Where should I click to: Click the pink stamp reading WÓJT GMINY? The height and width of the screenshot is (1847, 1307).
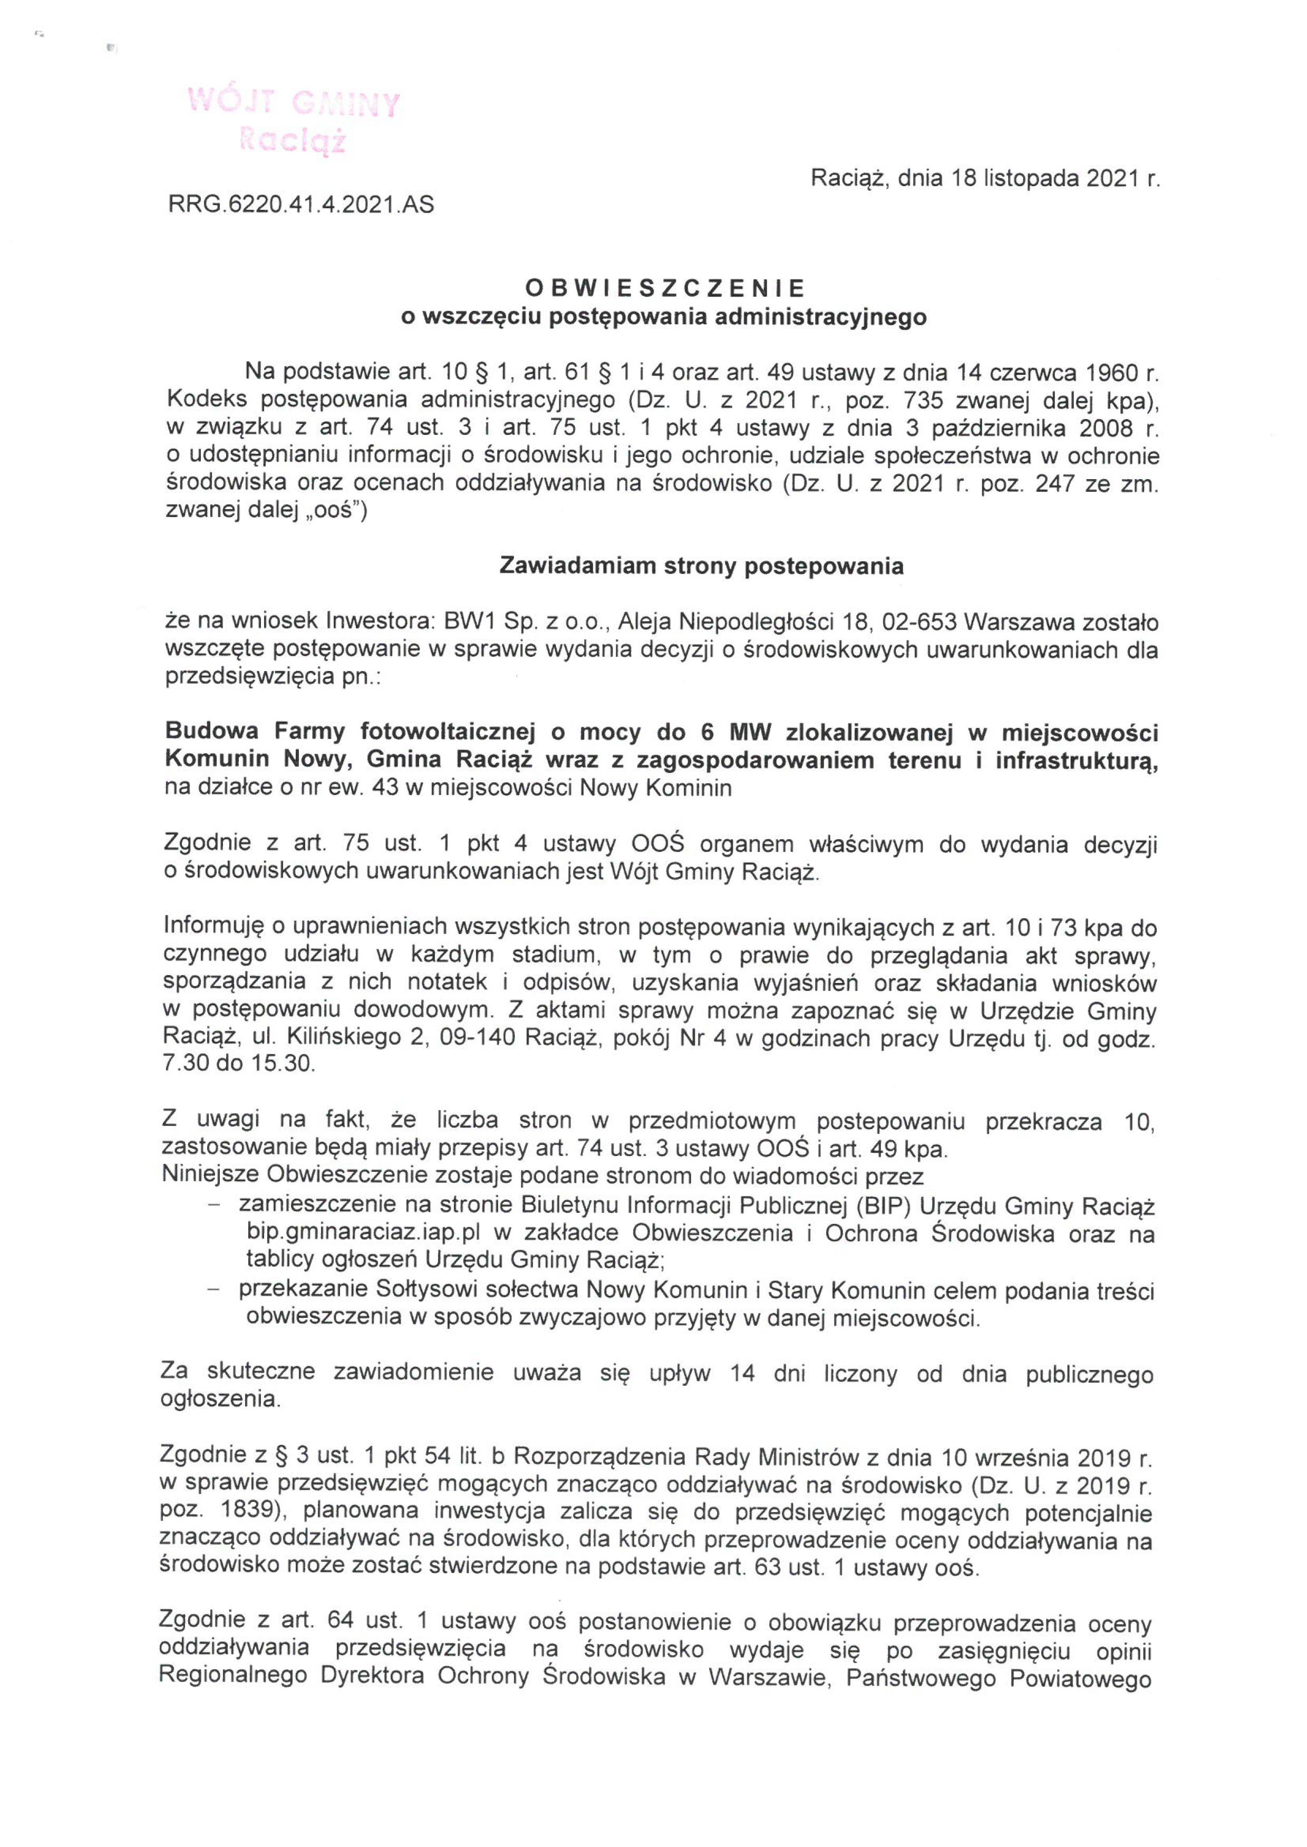pos(293,102)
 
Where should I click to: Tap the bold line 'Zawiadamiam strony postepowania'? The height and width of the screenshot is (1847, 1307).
pos(701,566)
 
